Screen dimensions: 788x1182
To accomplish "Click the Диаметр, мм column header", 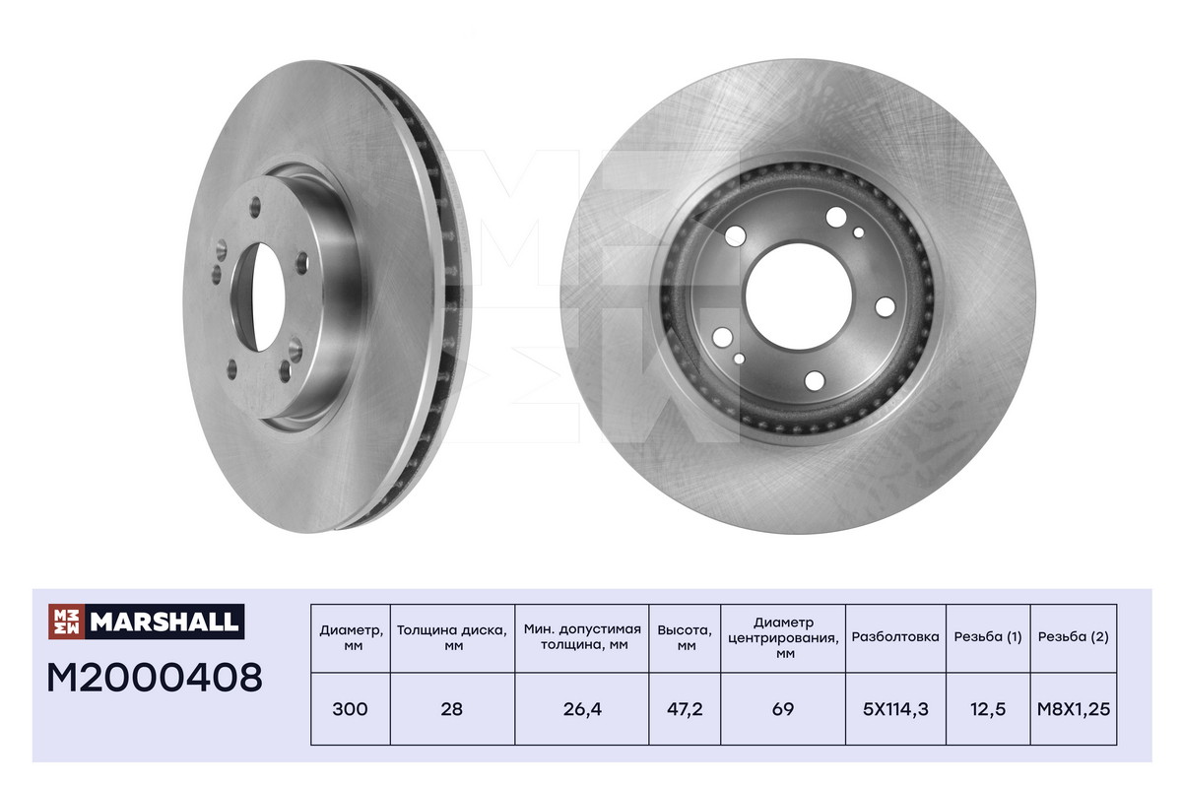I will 350,637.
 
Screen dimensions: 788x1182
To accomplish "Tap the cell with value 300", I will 350,709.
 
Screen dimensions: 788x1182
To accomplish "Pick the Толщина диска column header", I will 452,637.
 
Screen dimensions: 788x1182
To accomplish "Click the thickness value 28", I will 452,709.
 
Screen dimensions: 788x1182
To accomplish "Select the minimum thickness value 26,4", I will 582,709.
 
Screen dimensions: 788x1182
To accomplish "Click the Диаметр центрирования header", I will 783,637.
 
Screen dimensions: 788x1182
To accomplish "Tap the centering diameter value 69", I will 783,709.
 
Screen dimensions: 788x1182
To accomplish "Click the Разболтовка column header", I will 895,637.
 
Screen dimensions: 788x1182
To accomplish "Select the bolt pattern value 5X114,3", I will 895,709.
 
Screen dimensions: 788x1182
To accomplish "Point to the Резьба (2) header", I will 1074,637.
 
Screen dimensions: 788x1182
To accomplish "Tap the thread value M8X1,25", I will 1074,709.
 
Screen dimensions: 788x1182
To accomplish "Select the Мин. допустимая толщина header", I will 582,637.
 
